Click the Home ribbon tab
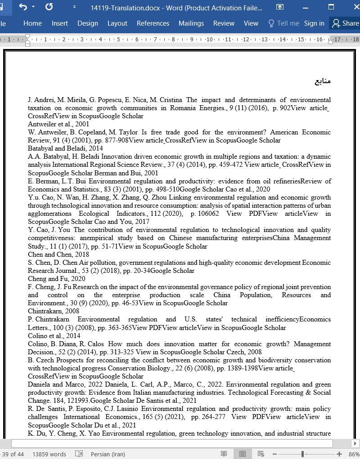[x=32, y=23]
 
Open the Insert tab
[x=59, y=23]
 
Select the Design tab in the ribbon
[x=87, y=23]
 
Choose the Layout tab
[x=117, y=23]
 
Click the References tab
[x=153, y=23]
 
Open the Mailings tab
[x=191, y=23]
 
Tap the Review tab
[x=224, y=23]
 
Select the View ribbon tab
[x=251, y=23]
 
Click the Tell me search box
[x=283, y=23]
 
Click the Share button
[x=345, y=23]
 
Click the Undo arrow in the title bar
[x=23, y=7]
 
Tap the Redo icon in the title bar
[x=49, y=7]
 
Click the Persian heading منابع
[x=323, y=81]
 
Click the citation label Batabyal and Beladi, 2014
[x=65, y=148]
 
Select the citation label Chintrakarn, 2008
[x=54, y=311]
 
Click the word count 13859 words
[x=49, y=454]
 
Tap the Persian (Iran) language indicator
[x=108, y=454]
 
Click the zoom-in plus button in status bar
[x=339, y=454]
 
